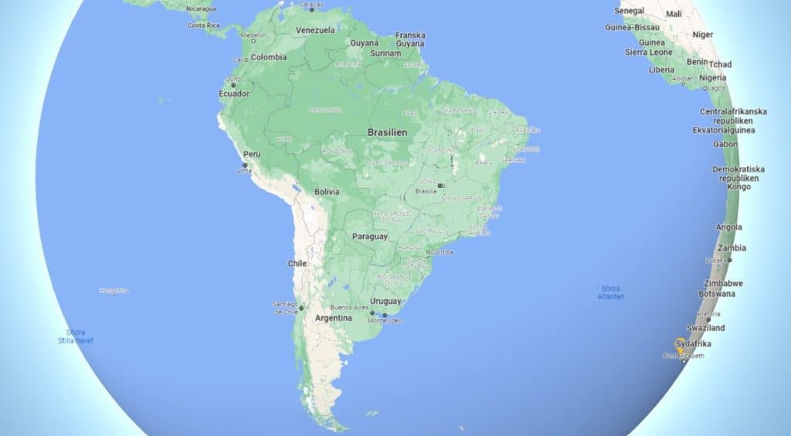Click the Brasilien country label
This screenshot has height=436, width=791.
tap(388, 132)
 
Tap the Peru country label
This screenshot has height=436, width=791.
tap(252, 154)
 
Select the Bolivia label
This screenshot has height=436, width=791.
tap(327, 192)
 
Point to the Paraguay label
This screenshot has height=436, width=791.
tap(369, 237)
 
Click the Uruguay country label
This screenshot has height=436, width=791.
tap(385, 301)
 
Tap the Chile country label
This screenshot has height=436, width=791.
tap(297, 264)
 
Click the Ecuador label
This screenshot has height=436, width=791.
tap(234, 94)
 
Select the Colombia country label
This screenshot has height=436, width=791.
tap(269, 57)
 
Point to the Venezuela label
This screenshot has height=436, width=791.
tap(315, 30)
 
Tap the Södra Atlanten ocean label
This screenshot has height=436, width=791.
tap(611, 292)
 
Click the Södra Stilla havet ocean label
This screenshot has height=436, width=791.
tap(75, 336)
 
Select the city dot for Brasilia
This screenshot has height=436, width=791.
tap(440, 186)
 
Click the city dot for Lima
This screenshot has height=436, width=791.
tap(245, 165)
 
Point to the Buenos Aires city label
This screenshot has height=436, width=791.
tap(349, 308)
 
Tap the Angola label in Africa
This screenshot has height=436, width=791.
tap(728, 227)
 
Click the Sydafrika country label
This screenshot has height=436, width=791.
tap(693, 343)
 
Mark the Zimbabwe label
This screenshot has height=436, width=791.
tap(725, 283)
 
